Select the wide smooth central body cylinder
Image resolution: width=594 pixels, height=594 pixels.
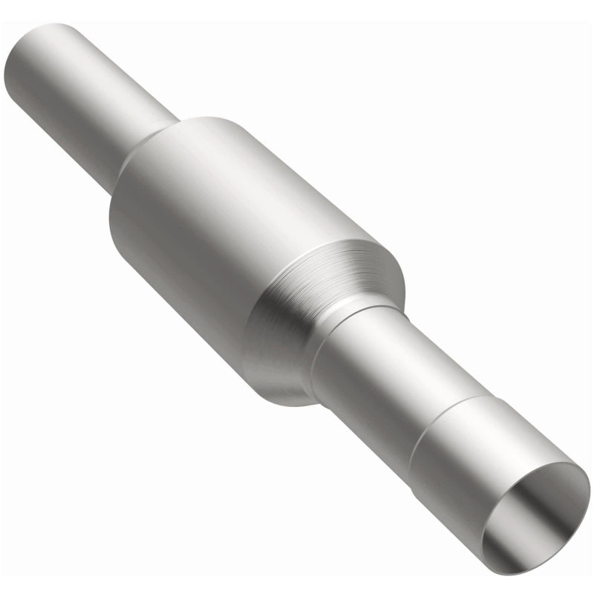223,223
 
